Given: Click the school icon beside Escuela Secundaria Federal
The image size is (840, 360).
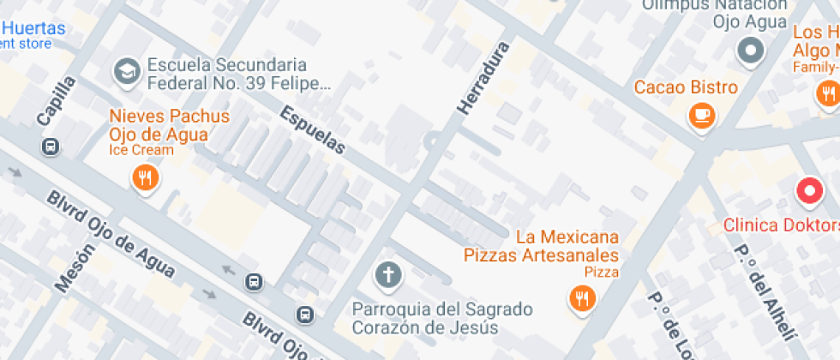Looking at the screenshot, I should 128,73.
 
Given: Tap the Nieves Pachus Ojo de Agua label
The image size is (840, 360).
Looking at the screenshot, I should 169,125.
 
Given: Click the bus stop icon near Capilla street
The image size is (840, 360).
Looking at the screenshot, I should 51,147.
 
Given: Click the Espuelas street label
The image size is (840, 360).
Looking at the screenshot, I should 313,130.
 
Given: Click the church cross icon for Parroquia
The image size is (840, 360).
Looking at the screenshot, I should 387,275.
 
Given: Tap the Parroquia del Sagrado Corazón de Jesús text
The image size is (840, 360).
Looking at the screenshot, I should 442,318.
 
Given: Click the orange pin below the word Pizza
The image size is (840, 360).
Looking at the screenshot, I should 583,298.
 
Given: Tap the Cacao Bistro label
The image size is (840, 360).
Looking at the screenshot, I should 686,87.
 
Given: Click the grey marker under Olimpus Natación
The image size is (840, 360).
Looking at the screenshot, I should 751,51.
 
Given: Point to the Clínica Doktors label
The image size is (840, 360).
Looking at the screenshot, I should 781,225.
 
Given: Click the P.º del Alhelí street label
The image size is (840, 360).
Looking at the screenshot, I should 762,292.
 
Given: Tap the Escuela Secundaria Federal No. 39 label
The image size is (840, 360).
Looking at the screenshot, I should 238,74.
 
